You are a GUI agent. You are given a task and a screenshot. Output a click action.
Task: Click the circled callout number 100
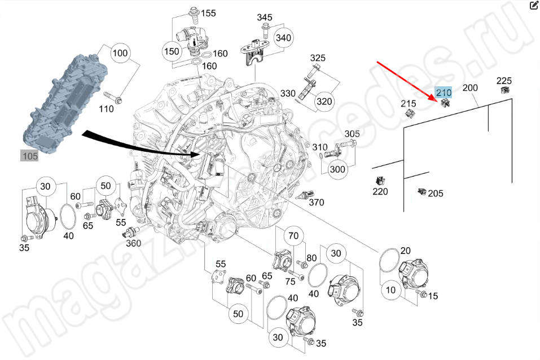pyautogui.click(x=120, y=54)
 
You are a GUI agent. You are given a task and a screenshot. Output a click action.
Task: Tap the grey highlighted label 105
pyautogui.click(x=29, y=156)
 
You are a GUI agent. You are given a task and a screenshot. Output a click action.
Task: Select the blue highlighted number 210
pyautogui.click(x=443, y=93)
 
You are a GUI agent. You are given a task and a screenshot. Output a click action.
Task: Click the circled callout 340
pyautogui.click(x=283, y=38)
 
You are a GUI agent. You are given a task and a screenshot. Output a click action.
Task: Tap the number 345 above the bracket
pyautogui.click(x=265, y=18)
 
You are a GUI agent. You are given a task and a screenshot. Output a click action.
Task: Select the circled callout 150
pyautogui.click(x=171, y=51)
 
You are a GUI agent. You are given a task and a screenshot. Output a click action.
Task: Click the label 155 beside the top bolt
pyautogui.click(x=209, y=13)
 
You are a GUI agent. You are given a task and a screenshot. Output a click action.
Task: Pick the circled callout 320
pyautogui.click(x=324, y=102)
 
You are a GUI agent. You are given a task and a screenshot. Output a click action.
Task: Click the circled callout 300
pyautogui.click(x=337, y=169)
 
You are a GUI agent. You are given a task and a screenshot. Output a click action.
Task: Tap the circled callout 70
pyautogui.click(x=292, y=236)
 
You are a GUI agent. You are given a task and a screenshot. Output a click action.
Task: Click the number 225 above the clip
pyautogui.click(x=504, y=80)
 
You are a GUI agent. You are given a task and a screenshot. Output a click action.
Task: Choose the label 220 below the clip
pyautogui.click(x=380, y=192)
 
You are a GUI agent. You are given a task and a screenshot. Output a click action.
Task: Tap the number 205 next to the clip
pyautogui.click(x=435, y=194)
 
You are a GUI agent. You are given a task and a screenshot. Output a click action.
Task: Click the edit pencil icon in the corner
pyautogui.click(x=534, y=6)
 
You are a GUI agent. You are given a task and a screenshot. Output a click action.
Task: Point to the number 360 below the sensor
pyautogui.click(x=133, y=243)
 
